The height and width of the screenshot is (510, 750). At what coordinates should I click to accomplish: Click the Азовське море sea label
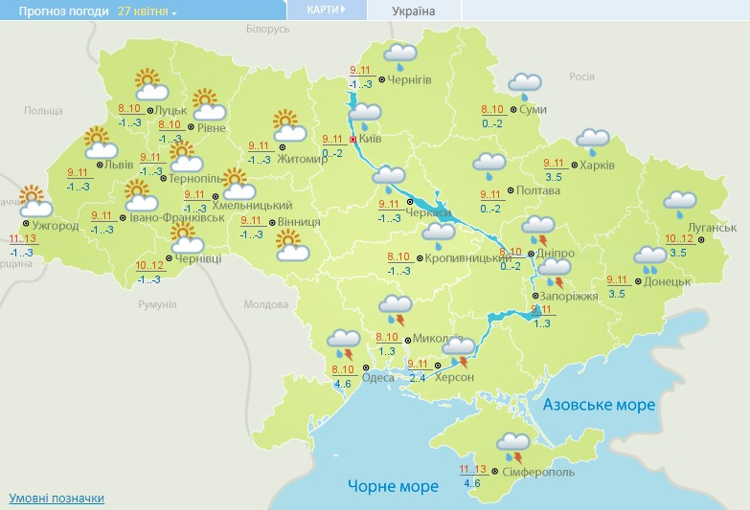[599, 405]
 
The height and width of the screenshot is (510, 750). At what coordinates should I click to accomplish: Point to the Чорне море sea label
[393, 486]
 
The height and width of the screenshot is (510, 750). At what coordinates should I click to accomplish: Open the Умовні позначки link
[57, 499]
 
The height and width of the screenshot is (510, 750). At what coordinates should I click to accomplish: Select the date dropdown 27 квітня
[148, 11]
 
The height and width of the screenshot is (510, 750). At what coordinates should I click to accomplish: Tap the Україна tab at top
[414, 11]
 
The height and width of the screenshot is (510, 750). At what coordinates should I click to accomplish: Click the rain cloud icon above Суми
[524, 85]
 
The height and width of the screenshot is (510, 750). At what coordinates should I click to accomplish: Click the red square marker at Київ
[352, 139]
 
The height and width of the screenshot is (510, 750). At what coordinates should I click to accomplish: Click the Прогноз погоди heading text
[56, 11]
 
